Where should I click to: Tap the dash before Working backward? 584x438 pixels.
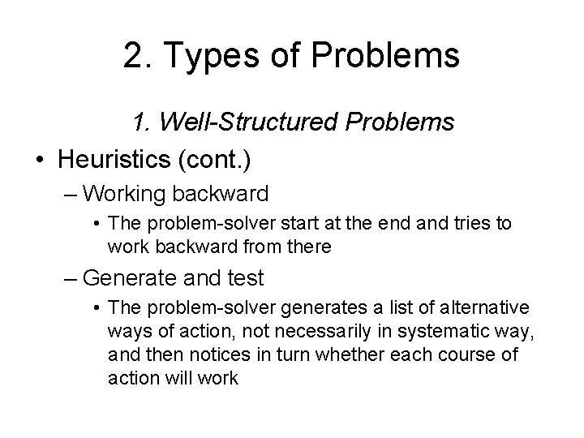[x=70, y=194]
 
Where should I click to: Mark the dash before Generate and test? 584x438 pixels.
[x=70, y=279]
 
